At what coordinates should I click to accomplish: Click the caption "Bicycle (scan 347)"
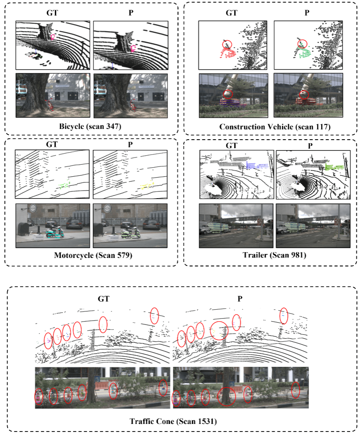91,127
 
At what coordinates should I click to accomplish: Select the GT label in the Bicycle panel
53,12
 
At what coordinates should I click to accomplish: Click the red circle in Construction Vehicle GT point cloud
227,44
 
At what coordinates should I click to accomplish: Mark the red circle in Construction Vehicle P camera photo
304,94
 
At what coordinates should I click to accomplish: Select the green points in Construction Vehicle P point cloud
304,54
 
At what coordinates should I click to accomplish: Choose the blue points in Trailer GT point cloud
256,165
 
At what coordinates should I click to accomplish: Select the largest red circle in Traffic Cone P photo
227,396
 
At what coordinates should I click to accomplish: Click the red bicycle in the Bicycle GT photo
49,106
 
